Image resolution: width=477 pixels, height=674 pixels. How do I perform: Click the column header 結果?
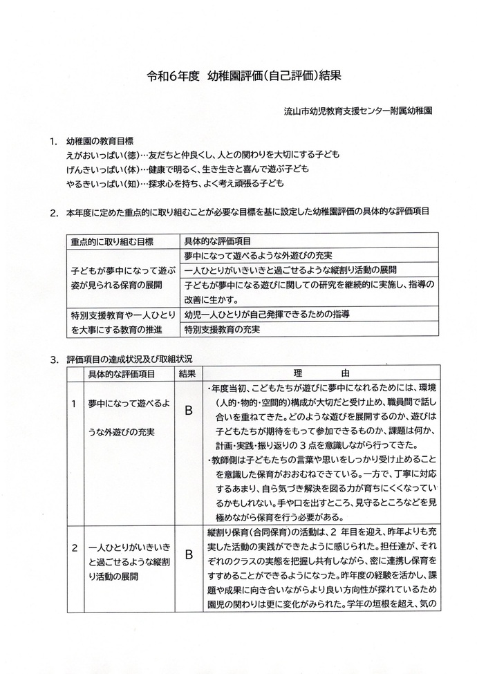tap(187, 373)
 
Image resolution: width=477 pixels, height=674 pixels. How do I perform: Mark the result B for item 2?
tap(187, 554)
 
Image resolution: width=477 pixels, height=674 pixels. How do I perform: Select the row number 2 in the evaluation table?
tap(74, 547)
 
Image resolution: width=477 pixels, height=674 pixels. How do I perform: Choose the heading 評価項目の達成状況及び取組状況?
tap(129, 359)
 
